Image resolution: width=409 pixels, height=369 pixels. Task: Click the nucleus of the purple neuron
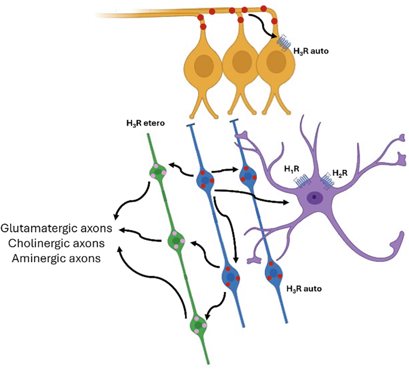pos(313,198)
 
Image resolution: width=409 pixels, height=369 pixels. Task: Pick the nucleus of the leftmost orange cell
pos(205,63)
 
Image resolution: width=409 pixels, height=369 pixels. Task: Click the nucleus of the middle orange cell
pos(241,62)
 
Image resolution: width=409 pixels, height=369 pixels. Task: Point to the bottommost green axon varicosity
pos(198,326)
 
